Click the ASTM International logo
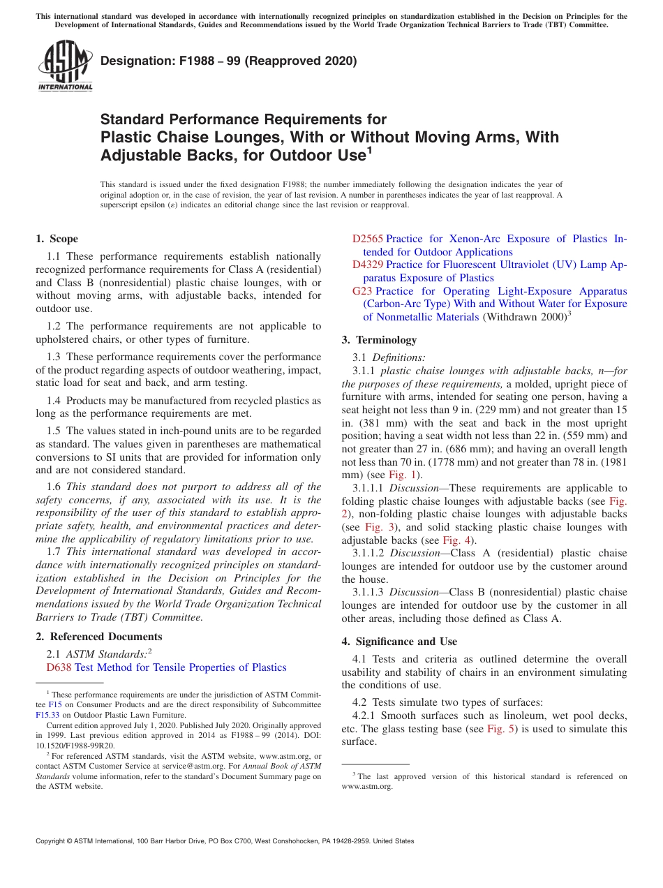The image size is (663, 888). [x=65, y=66]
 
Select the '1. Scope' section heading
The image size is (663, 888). [x=57, y=239]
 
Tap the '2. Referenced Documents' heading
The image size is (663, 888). [x=99, y=637]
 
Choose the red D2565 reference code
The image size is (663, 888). [x=367, y=239]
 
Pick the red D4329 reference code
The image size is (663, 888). [x=367, y=265]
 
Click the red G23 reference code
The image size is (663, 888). [x=362, y=290]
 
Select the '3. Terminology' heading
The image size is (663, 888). [x=379, y=340]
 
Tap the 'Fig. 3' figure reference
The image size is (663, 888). [x=378, y=527]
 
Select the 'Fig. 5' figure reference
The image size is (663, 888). [x=500, y=729]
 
